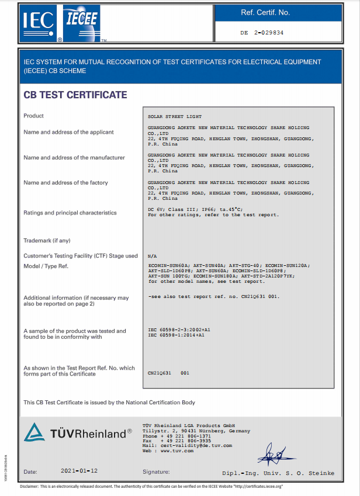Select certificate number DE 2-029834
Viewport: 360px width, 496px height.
[261, 33]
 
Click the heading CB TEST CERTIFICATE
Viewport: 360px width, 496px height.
[75, 95]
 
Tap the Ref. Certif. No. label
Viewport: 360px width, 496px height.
[265, 13]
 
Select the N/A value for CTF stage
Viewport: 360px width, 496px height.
[153, 256]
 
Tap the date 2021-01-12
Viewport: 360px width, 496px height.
[79, 470]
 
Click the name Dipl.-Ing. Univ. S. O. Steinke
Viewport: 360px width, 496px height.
[278, 473]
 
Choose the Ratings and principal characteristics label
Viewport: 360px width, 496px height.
[70, 213]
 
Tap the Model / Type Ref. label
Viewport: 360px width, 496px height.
[46, 266]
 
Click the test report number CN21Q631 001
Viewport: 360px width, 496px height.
[169, 372]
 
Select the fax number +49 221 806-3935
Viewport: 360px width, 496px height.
[184, 441]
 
